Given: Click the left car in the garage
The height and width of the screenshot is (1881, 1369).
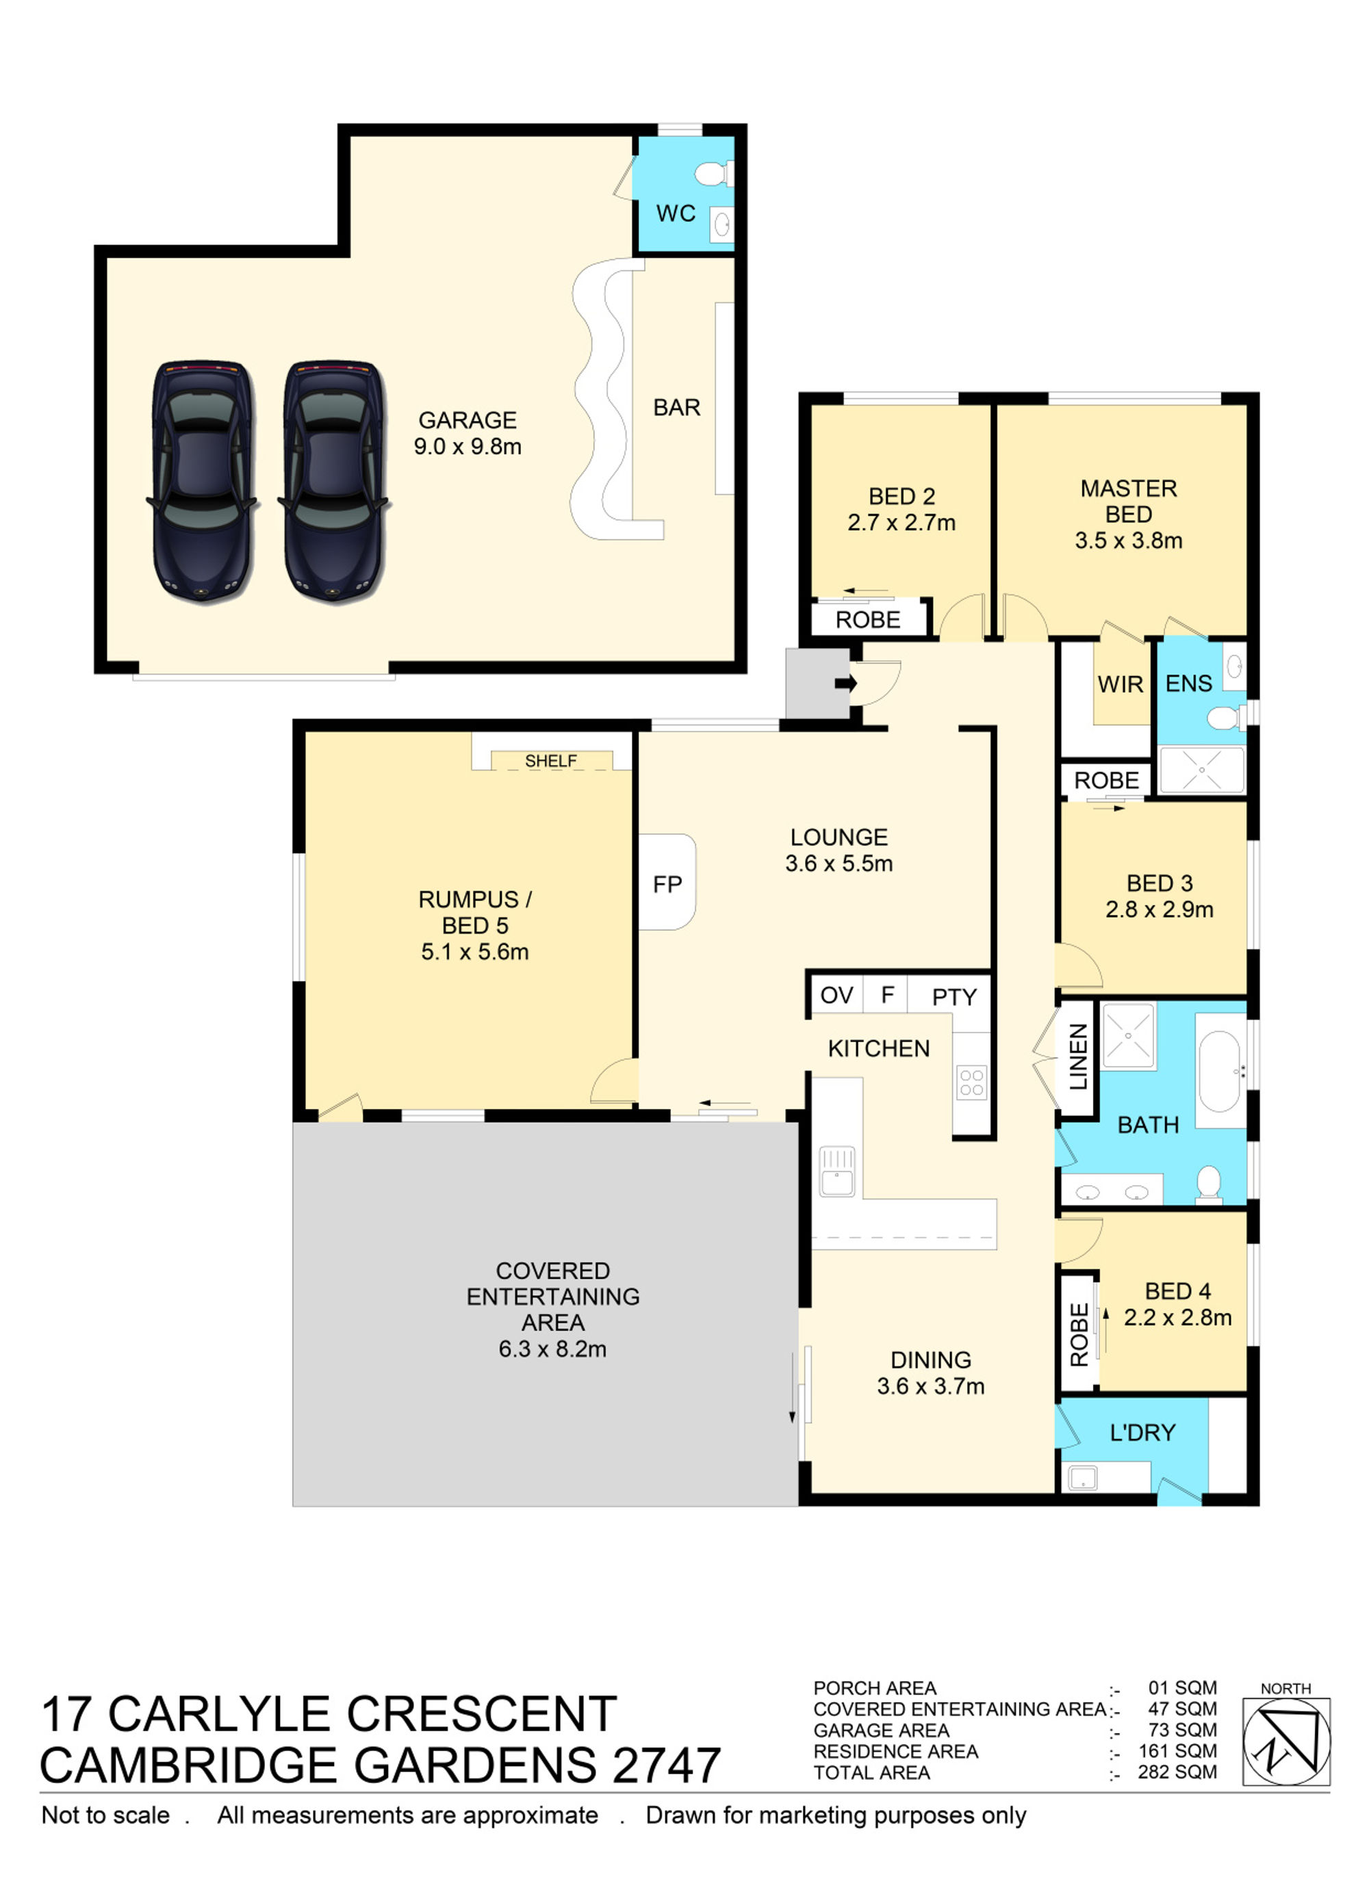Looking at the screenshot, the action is pyautogui.click(x=202, y=480).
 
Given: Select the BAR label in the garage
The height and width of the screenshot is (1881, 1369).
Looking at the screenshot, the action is pyautogui.click(x=677, y=407).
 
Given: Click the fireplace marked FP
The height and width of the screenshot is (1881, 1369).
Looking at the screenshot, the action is pyautogui.click(x=667, y=881).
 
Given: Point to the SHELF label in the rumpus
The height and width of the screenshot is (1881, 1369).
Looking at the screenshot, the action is pyautogui.click(x=551, y=760).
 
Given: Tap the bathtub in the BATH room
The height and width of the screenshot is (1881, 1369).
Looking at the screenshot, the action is pyautogui.click(x=1220, y=1072).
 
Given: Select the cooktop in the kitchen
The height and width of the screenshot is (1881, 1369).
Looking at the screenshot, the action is pyautogui.click(x=971, y=1082).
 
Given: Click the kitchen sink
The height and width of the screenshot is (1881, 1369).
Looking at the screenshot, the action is pyautogui.click(x=837, y=1171).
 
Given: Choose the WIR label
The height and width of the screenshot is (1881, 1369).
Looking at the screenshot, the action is pyautogui.click(x=1120, y=684).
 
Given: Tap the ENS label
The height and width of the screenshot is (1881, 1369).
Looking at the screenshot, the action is pyautogui.click(x=1189, y=684).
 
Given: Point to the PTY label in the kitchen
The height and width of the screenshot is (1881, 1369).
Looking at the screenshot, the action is pyautogui.click(x=954, y=997).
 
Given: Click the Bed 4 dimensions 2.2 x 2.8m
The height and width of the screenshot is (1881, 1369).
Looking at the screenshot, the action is pyautogui.click(x=1177, y=1317).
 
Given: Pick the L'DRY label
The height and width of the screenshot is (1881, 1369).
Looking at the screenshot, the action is pyautogui.click(x=1142, y=1432).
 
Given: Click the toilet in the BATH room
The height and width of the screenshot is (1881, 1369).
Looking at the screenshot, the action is pyautogui.click(x=1209, y=1184).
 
